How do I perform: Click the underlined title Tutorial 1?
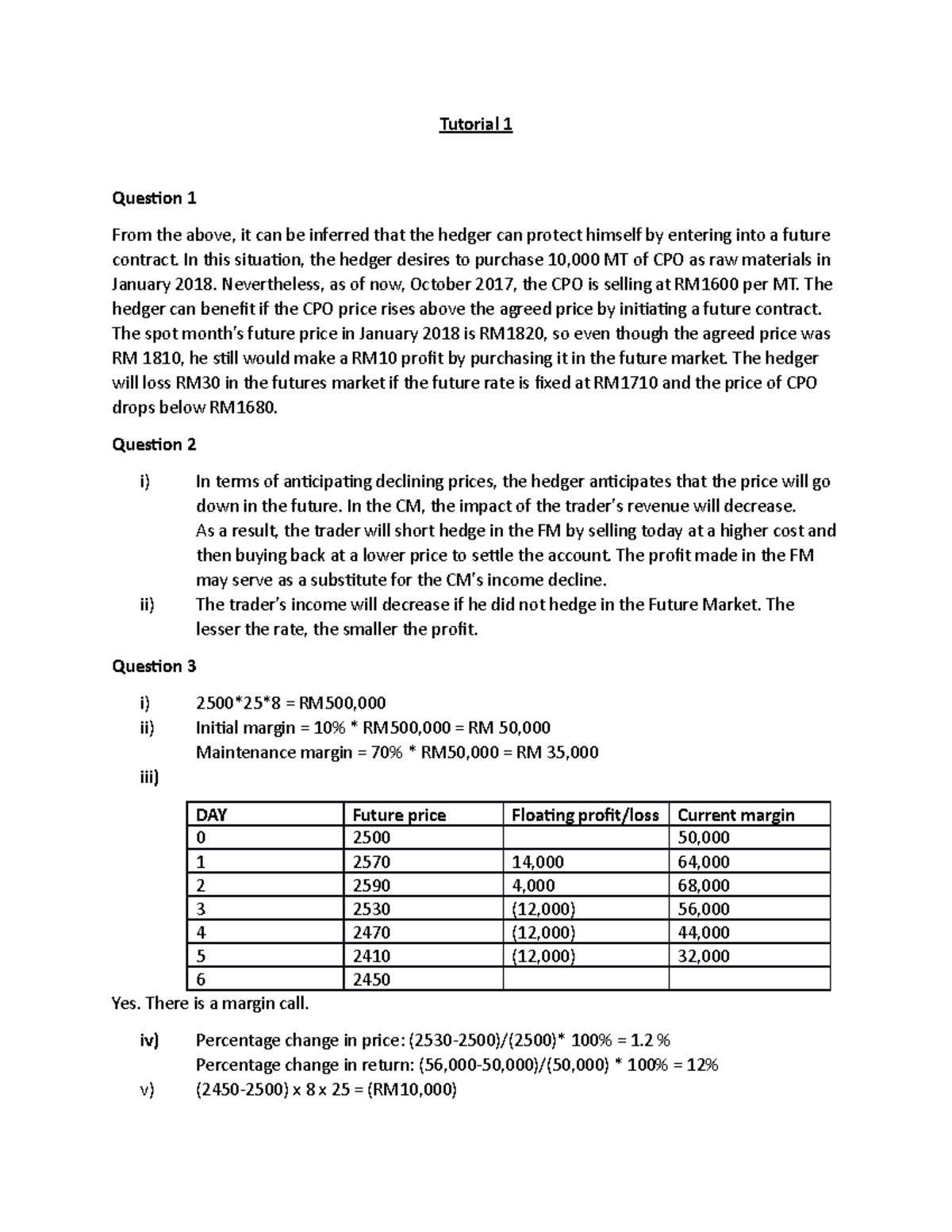[476, 125]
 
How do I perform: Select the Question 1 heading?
[154, 198]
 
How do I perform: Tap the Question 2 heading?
[154, 444]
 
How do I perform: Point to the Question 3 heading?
[154, 666]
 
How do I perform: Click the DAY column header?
[212, 815]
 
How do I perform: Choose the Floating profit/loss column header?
[585, 815]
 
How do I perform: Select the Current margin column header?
[735, 815]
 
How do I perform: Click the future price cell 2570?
[371, 862]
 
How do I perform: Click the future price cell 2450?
[371, 980]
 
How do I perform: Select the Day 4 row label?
[201, 933]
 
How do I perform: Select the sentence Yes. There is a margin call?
[210, 1004]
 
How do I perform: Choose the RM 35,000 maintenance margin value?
[557, 752]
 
